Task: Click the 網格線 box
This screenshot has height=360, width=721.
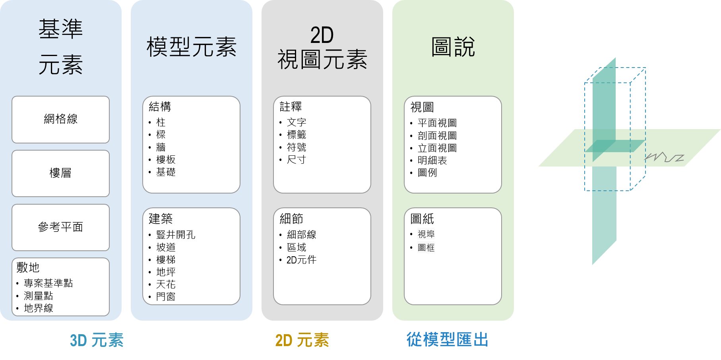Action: [60, 120]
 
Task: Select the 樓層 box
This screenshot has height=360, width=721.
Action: [60, 173]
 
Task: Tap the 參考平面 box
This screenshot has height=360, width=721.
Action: [60, 227]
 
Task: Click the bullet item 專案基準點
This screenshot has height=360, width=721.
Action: [48, 283]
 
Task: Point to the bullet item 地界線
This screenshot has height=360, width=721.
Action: [39, 308]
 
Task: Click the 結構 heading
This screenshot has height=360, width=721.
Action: [160, 106]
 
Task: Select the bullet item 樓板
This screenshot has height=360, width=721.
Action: [166, 160]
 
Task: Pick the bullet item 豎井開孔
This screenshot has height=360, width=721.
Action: [176, 235]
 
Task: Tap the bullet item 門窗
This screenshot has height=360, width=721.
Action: [166, 297]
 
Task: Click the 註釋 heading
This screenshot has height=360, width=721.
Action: [291, 106]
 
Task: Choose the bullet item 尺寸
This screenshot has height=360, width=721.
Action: [297, 160]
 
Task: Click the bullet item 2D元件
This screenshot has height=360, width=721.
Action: [301, 260]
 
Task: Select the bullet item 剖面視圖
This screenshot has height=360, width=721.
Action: [437, 136]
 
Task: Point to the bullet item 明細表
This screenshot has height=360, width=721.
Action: [432, 161]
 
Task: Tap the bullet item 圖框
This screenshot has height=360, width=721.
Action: [426, 248]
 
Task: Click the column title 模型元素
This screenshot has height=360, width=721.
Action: [192, 47]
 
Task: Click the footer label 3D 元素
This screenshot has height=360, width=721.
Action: [97, 341]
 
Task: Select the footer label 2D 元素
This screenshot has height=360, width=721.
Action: [302, 341]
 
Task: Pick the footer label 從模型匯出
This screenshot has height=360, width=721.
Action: [448, 340]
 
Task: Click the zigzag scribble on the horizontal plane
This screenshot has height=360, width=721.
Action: [664, 157]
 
